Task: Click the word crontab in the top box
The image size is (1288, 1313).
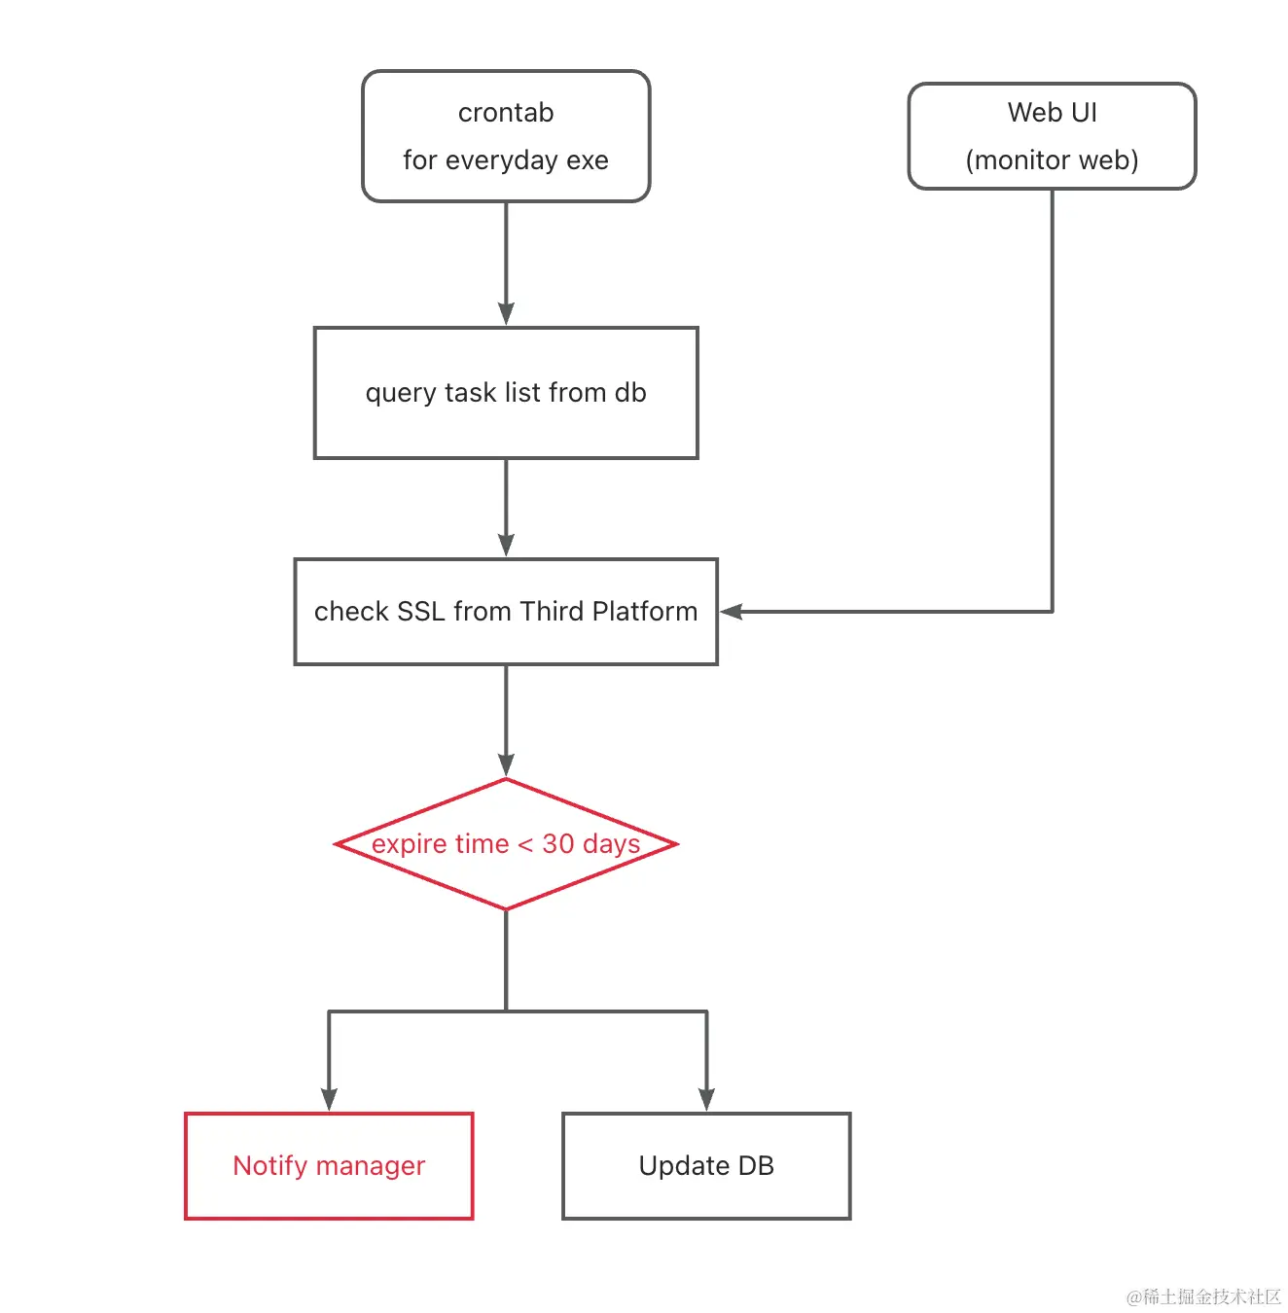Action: click(505, 113)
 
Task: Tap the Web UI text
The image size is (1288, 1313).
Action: click(1052, 113)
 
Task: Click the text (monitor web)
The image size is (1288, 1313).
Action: click(1052, 160)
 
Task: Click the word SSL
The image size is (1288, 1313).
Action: click(420, 611)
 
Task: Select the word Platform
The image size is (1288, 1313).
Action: click(644, 611)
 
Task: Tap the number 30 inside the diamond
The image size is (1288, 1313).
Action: click(557, 843)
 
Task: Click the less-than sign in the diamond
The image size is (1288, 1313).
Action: click(525, 845)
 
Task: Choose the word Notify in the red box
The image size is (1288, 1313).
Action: click(270, 1166)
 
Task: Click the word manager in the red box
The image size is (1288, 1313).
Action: click(371, 1167)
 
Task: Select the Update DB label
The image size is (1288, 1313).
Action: click(705, 1166)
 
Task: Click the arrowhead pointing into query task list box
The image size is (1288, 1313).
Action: click(505, 314)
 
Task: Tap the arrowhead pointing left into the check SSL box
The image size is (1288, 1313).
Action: click(731, 611)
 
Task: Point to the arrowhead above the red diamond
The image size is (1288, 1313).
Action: click(505, 764)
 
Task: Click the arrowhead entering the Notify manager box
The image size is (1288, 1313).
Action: click(329, 1098)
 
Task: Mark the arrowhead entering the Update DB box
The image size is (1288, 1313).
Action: click(705, 1098)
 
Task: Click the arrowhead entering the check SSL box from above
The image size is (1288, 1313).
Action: click(505, 546)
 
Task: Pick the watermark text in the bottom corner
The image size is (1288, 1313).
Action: click(1202, 1295)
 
